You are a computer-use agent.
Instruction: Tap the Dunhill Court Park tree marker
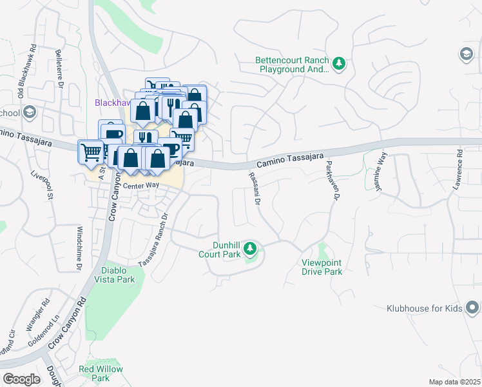251,249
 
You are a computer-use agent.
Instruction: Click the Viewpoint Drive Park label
322,267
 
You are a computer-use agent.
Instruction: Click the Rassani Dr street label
253,189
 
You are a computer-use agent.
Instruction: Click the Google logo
21,379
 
